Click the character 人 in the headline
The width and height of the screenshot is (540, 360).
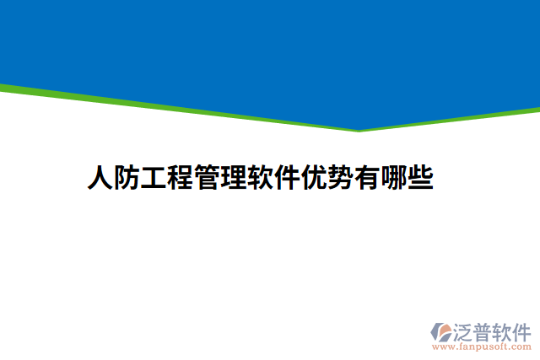tap(100, 179)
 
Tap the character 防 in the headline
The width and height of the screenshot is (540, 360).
tap(127, 179)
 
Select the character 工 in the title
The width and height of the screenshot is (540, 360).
tap(154, 179)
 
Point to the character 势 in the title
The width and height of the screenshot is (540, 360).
tap(341, 179)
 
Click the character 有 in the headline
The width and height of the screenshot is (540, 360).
tap(368, 179)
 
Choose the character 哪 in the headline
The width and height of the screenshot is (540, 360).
tap(394, 179)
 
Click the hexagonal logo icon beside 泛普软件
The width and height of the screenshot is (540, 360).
tap(442, 331)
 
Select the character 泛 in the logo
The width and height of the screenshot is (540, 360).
tap(464, 330)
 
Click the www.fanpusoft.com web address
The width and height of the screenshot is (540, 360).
tap(482, 347)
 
